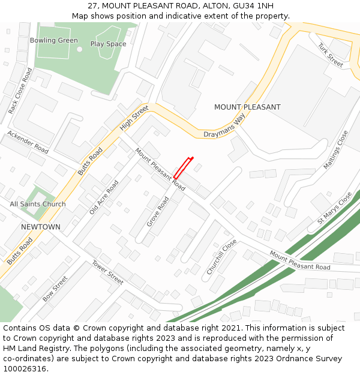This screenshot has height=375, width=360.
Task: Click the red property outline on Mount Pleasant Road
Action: click(x=183, y=167)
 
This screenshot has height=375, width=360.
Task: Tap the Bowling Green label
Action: click(x=54, y=41)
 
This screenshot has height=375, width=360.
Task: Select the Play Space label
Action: click(x=108, y=44)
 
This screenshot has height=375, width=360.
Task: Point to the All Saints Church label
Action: click(x=38, y=205)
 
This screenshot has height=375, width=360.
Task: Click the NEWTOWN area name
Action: click(x=41, y=227)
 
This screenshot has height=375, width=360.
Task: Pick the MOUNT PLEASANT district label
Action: click(x=247, y=107)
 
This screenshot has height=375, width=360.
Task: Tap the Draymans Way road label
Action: click(x=224, y=127)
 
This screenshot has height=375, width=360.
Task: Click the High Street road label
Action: click(x=134, y=118)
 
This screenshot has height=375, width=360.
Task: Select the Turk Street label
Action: click(x=330, y=55)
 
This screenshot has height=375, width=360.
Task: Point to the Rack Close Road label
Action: click(x=20, y=91)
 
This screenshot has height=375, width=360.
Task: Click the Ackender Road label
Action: click(x=28, y=142)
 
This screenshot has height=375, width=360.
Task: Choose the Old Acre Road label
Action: click(x=104, y=197)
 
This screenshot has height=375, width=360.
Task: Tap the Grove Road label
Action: click(x=158, y=212)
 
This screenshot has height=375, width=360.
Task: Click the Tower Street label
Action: click(x=107, y=272)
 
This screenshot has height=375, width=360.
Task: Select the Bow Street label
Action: click(x=55, y=289)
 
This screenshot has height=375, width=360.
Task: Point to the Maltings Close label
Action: click(x=335, y=150)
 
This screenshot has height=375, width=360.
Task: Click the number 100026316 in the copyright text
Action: click(x=24, y=369)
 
